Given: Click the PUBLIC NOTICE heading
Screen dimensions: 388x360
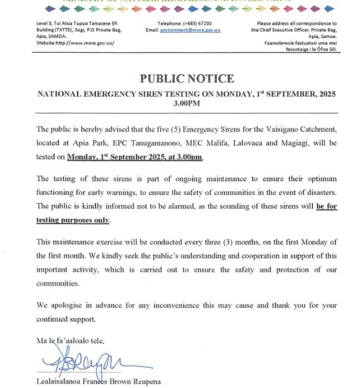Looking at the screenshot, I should coord(187,79).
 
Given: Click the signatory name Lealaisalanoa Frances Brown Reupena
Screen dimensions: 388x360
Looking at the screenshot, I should coord(98,381).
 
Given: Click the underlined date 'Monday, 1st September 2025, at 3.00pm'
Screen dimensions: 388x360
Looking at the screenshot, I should coord(134,157).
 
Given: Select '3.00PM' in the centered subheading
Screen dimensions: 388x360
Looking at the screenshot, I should coord(187,103).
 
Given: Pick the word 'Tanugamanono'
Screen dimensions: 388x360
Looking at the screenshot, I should coord(153,143).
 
